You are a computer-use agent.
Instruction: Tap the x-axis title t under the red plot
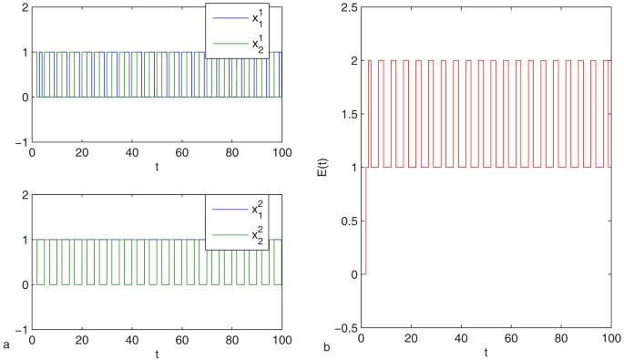click(486, 352)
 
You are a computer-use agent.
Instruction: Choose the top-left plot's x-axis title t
click(157, 167)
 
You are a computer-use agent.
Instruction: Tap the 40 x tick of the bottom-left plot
click(131, 341)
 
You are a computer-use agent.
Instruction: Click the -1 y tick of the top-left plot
click(21, 141)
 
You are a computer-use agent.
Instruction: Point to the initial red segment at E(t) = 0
click(364, 273)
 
